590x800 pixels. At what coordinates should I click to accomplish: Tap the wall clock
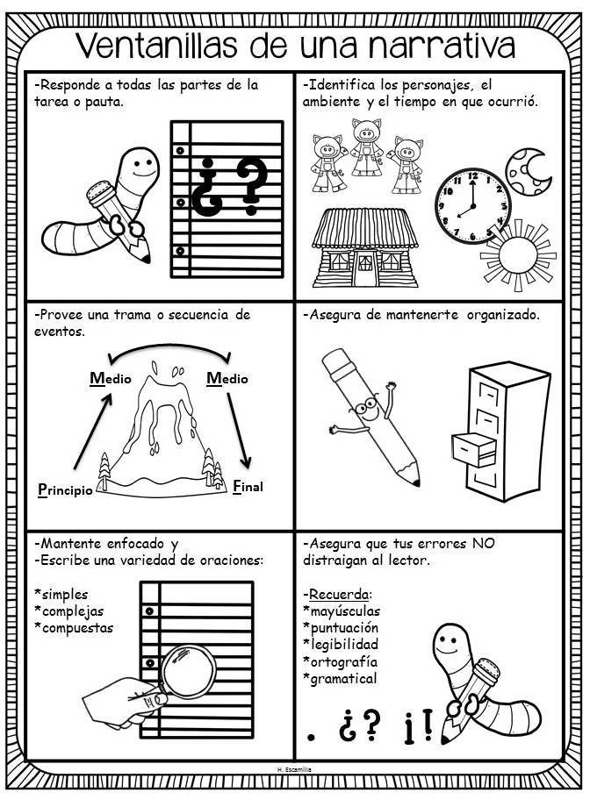[471, 206]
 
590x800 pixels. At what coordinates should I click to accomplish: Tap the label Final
[248, 485]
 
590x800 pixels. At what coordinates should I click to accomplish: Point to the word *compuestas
[75, 628]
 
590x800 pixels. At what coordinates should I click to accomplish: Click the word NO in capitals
[480, 543]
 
